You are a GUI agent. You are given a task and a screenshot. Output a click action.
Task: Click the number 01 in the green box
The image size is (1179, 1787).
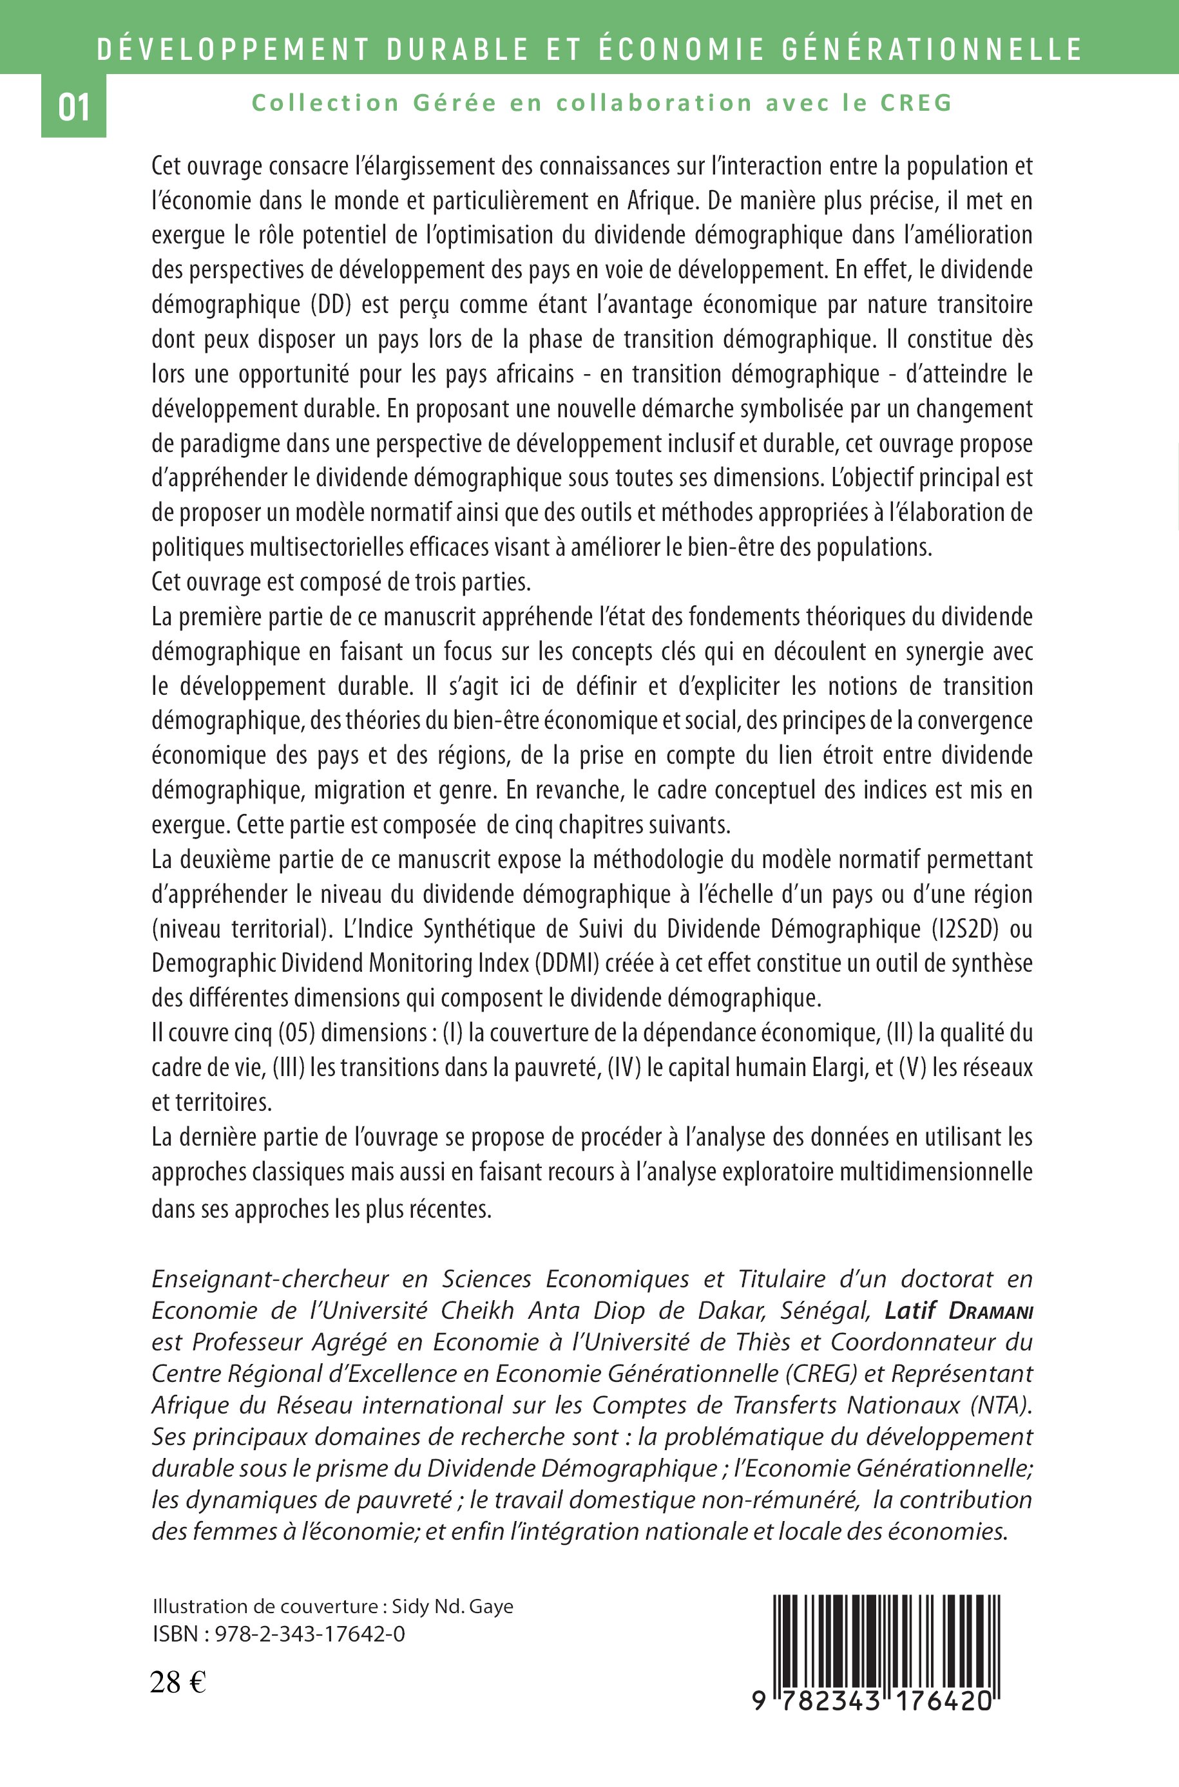point(73,108)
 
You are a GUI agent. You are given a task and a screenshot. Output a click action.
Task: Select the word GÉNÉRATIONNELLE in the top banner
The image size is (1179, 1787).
point(932,50)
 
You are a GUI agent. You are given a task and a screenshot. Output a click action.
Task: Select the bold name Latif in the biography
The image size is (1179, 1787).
point(910,1311)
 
